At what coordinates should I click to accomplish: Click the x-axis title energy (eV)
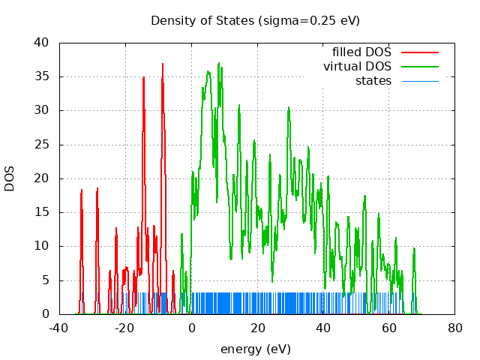(x=255, y=349)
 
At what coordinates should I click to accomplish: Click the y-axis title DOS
(x=10, y=178)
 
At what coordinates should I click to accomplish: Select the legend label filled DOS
(x=361, y=52)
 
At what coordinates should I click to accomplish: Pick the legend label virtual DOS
(x=357, y=67)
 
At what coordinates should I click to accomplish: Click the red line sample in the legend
(x=419, y=52)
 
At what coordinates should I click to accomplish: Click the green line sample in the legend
(x=419, y=67)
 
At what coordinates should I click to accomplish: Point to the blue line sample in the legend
(x=419, y=80)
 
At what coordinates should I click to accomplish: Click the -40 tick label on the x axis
(x=59, y=328)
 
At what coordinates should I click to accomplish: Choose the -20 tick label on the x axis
(x=125, y=328)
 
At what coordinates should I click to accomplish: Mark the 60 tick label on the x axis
(x=389, y=328)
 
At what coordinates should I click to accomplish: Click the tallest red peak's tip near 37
(x=162, y=64)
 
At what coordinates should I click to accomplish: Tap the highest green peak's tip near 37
(x=219, y=63)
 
